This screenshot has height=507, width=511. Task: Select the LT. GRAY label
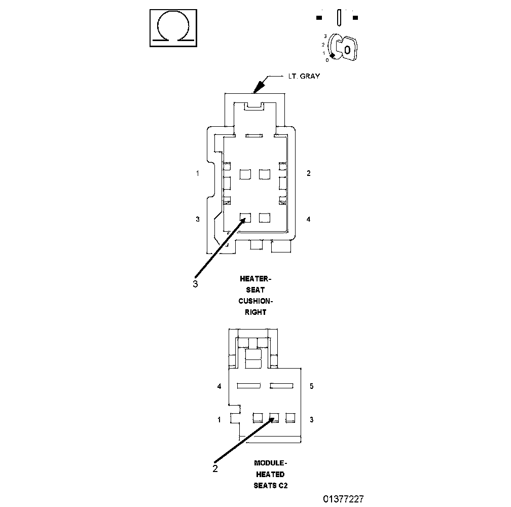point(304,76)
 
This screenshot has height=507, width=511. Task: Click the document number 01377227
point(343,499)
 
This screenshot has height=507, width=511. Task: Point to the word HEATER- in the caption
point(255,278)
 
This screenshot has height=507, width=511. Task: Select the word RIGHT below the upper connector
point(255,312)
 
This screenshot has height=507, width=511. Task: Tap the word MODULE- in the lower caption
point(270,463)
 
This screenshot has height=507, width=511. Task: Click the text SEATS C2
point(270,485)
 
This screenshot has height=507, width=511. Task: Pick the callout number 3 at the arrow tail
point(195,284)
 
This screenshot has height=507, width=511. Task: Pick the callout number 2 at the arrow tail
point(215,468)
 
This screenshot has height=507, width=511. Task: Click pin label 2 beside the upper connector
point(309,173)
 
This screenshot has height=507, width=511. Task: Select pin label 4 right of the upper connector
point(309,219)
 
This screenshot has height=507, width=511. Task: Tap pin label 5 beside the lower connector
point(311,386)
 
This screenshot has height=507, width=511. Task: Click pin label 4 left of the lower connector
point(219,386)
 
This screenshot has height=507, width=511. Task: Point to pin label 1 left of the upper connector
point(198,173)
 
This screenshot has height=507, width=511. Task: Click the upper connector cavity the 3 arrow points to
point(245,218)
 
